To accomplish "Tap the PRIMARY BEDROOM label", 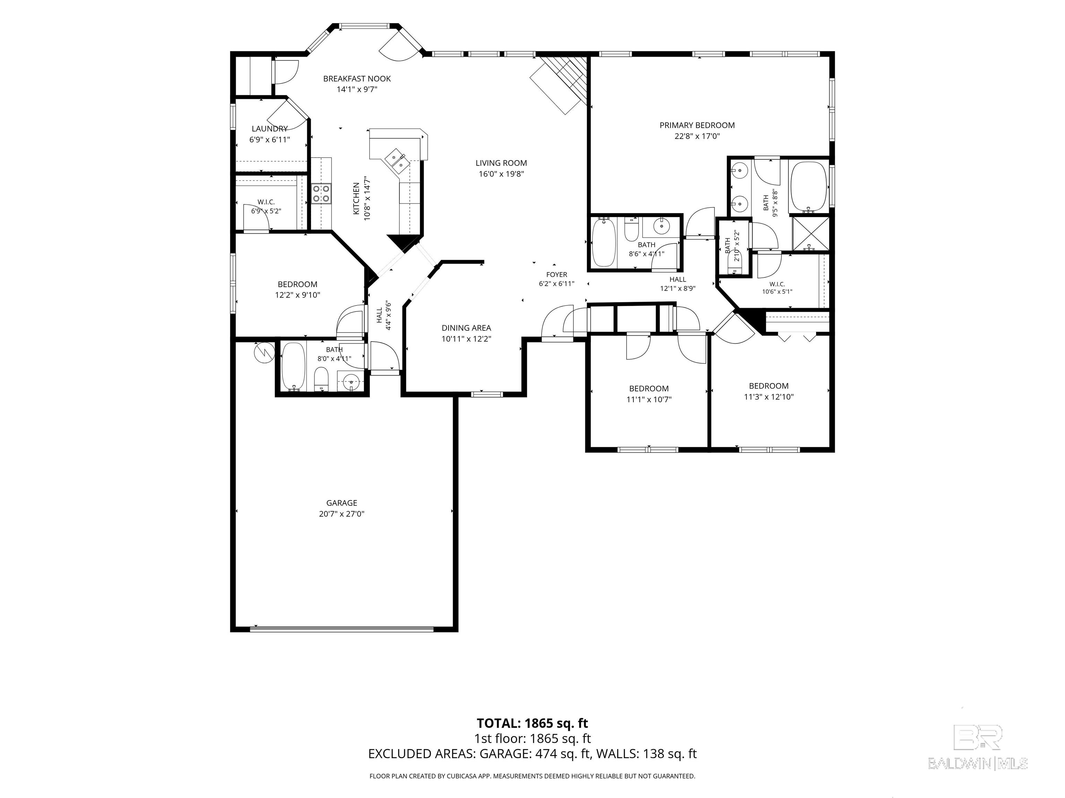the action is [697, 125].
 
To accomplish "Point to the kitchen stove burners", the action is [321, 193].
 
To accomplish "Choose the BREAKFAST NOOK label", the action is [357, 78].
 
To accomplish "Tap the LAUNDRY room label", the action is [270, 128].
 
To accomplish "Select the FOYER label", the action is [556, 275].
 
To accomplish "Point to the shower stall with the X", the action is [811, 234].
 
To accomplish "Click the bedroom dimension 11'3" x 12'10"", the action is [769, 397].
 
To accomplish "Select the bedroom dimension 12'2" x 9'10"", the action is [297, 295].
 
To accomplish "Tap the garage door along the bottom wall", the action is [342, 628].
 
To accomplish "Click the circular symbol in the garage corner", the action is [263, 353].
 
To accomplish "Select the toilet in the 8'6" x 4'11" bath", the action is [631, 230].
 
